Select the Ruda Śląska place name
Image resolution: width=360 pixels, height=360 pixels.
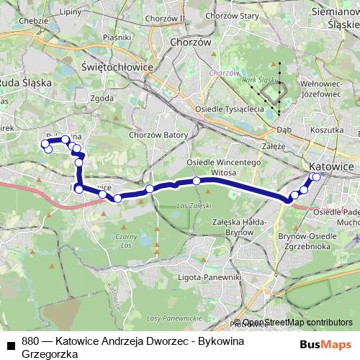coord(25,83)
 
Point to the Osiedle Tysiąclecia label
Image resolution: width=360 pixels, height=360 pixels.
coord(230,109)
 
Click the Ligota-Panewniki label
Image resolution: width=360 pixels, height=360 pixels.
coord(212,276)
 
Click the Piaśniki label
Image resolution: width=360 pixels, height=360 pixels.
coord(115,36)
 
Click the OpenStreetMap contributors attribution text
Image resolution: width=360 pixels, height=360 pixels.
coord(297,323)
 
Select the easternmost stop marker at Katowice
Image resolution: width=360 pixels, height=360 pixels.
coord(316,176)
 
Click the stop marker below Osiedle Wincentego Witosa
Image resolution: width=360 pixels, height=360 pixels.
coord(196,181)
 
